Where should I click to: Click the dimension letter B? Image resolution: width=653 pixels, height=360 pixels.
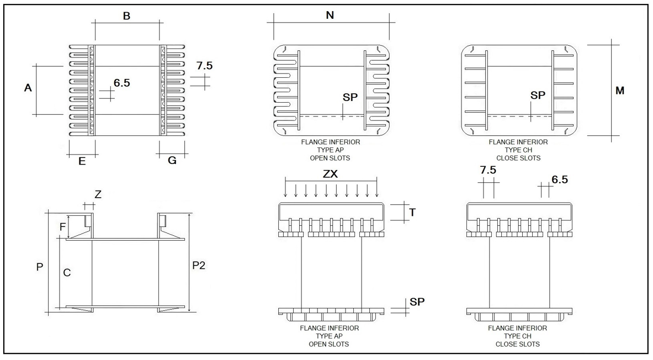[126, 17]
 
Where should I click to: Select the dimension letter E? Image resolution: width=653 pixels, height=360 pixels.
[82, 161]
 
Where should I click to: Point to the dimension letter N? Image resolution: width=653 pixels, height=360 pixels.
[330, 15]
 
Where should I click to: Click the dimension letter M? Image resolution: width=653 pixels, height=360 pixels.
[620, 91]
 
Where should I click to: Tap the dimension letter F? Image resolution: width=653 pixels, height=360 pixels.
[62, 226]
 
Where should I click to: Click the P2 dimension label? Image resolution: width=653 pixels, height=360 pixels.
[199, 266]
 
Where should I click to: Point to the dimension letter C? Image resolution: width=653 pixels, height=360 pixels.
[67, 272]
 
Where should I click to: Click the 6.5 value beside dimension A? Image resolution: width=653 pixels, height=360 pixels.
[122, 83]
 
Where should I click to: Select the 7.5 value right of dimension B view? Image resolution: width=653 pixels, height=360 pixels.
[204, 66]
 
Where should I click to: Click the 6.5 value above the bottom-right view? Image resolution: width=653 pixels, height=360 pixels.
[560, 180]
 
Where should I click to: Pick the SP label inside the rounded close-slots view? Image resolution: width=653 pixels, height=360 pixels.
[538, 96]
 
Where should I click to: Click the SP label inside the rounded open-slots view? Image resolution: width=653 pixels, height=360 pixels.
[350, 97]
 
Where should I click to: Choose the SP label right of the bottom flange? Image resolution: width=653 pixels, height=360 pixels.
[417, 302]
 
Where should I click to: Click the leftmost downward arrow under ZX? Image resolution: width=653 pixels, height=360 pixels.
[286, 190]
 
